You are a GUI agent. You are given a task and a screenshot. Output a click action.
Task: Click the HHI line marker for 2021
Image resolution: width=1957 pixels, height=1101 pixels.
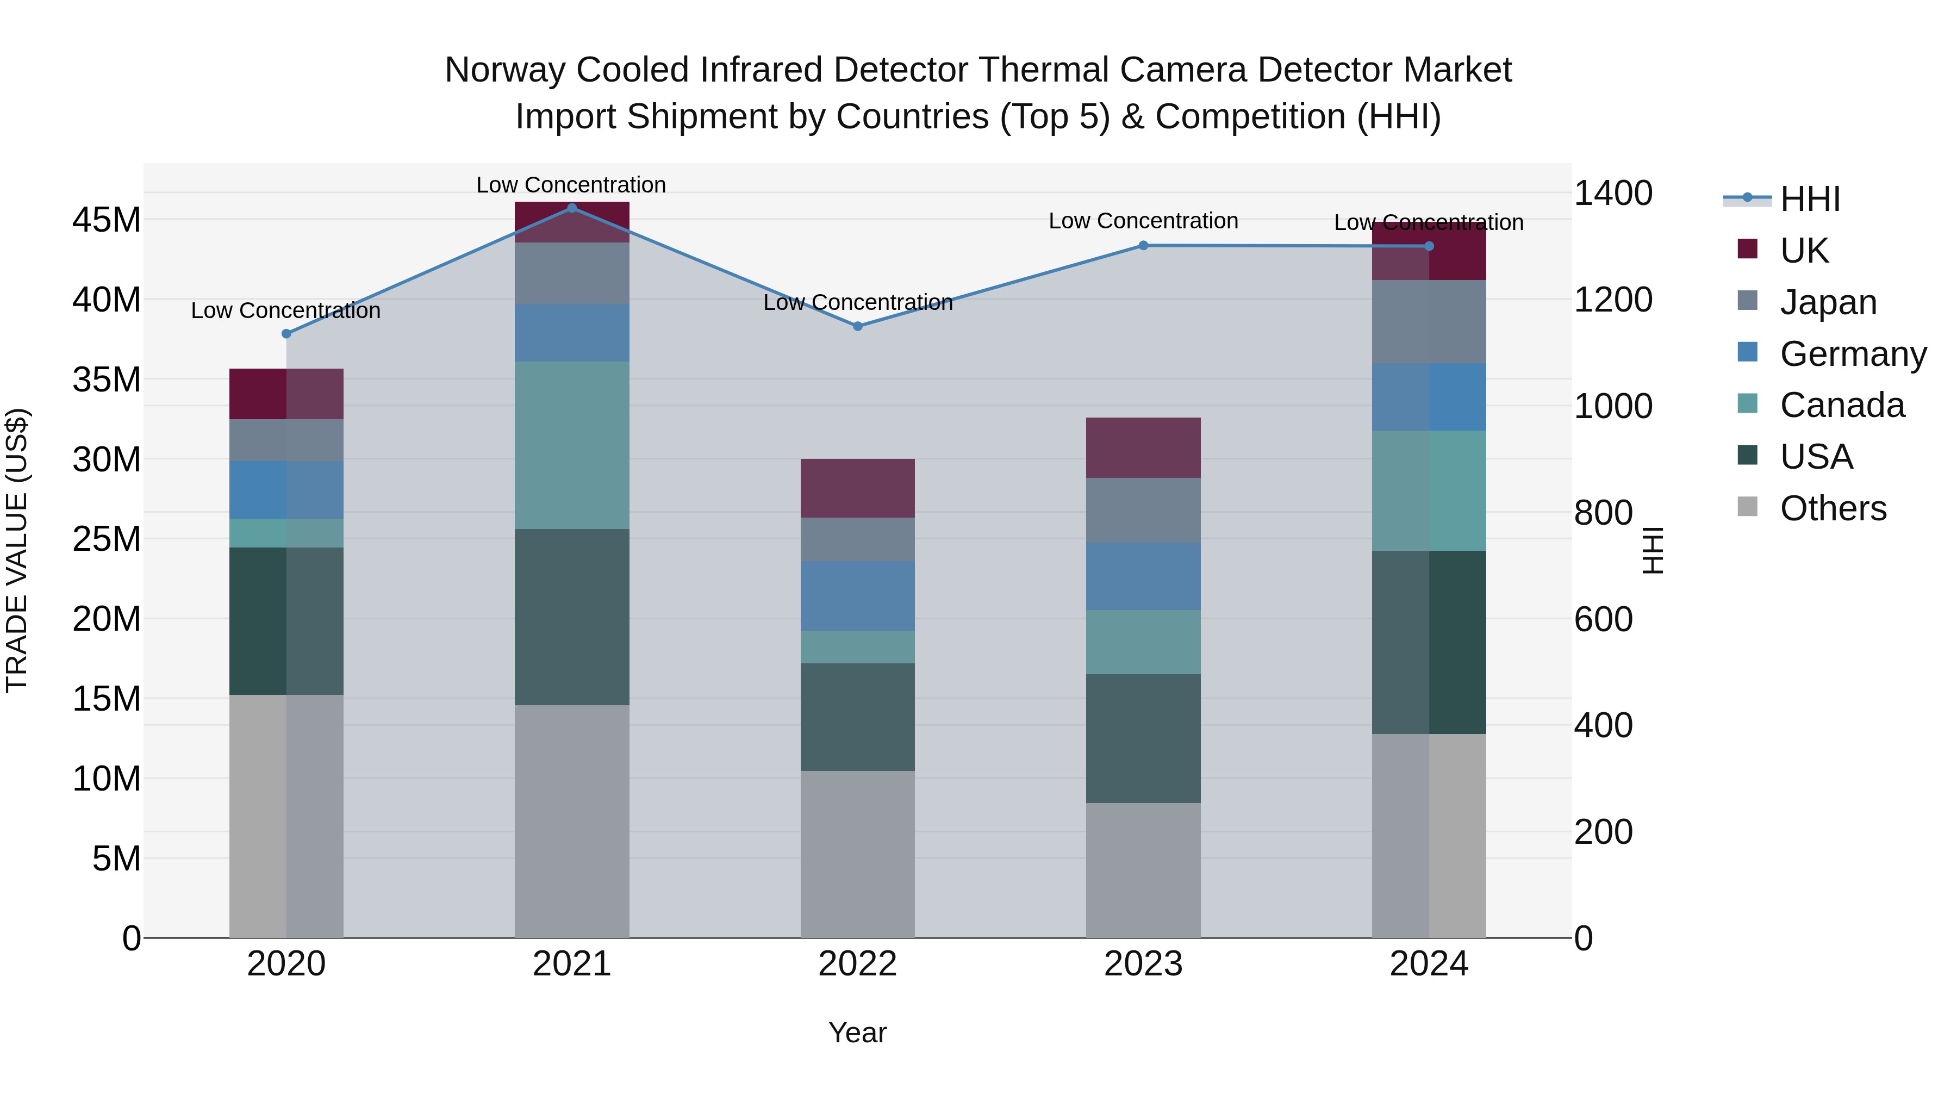click(572, 208)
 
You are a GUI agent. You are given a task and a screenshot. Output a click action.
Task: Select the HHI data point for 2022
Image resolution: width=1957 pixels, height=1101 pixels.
click(858, 327)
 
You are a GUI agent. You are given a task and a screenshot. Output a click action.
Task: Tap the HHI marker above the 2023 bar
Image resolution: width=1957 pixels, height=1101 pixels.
click(1143, 245)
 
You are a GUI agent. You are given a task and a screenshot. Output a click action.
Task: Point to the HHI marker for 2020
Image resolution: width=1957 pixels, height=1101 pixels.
click(286, 334)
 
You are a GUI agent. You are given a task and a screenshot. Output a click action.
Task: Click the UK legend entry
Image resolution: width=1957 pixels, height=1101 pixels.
click(1804, 251)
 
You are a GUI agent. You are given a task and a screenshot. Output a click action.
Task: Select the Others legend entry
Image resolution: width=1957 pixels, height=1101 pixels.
click(1833, 508)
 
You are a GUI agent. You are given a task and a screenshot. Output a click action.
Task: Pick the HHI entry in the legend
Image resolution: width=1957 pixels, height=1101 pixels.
click(1810, 199)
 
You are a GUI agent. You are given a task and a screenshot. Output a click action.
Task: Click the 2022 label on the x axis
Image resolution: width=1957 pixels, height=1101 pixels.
click(858, 964)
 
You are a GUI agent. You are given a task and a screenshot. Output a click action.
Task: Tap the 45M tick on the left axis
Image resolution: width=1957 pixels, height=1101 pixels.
click(107, 220)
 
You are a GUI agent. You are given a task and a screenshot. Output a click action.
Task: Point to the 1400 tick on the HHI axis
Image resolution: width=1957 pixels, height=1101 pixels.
click(1613, 193)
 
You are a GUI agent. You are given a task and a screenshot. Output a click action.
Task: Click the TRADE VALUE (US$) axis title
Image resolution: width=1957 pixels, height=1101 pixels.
click(17, 550)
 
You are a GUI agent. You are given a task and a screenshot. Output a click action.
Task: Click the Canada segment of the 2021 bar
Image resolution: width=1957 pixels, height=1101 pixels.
click(572, 445)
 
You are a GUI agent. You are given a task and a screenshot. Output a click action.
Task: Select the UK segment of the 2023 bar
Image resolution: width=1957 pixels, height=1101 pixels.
click(1143, 447)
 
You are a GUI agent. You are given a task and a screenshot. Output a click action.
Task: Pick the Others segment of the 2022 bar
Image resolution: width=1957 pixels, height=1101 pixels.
click(858, 854)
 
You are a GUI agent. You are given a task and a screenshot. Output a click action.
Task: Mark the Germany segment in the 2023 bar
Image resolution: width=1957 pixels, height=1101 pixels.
click(1143, 576)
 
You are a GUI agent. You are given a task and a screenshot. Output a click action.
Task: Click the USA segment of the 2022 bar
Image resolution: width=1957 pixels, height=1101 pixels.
click(858, 717)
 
